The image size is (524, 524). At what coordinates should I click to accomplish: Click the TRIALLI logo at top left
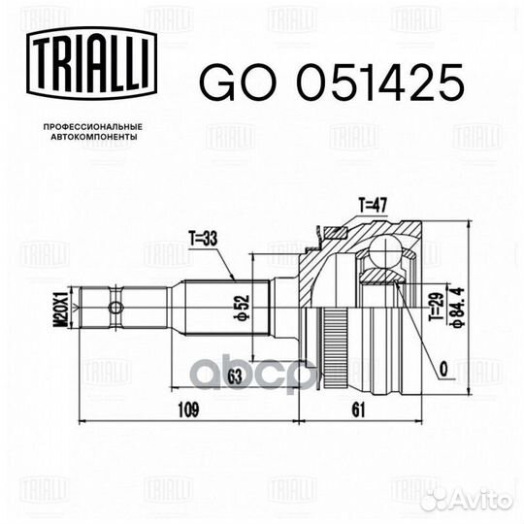(91, 63)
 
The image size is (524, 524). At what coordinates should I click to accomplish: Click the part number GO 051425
(332, 82)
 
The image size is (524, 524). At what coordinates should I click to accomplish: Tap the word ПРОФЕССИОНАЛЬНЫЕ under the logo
(93, 127)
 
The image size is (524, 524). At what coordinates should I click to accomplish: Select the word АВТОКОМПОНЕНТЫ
(94, 137)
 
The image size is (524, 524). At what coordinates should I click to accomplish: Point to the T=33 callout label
(203, 239)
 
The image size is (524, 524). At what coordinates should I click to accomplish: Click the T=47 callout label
(373, 205)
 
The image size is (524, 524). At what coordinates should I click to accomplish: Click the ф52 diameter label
(244, 307)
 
